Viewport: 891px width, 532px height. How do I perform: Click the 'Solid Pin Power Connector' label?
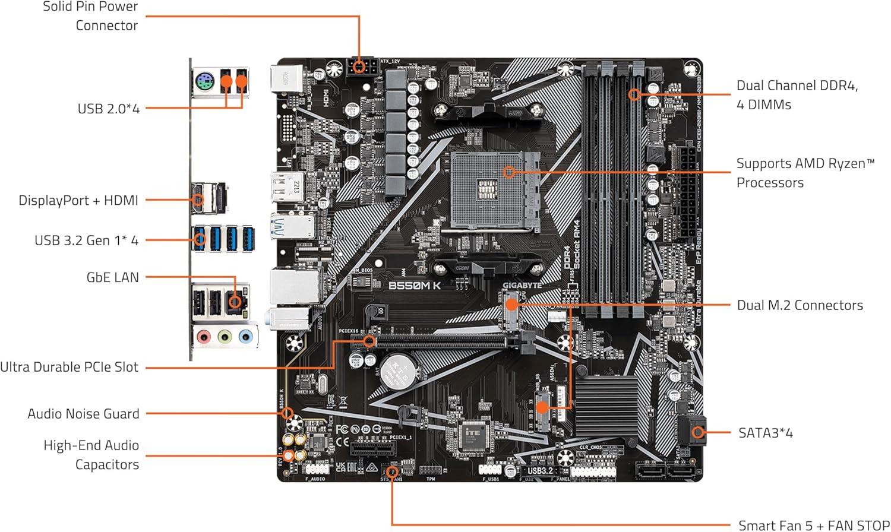point(90,16)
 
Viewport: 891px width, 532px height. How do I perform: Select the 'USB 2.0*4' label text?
point(108,109)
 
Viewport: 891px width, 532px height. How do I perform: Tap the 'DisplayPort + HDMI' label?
point(78,201)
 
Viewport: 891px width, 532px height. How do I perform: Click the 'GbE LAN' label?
point(112,277)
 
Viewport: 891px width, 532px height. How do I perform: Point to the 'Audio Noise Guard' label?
point(83,414)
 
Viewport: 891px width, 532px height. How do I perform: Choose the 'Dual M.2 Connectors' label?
point(800,305)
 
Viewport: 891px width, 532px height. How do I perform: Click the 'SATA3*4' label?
point(765,433)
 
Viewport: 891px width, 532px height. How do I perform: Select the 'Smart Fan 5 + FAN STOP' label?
point(813,525)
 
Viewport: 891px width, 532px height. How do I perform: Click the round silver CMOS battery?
point(397,371)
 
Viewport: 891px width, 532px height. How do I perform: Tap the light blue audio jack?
point(245,337)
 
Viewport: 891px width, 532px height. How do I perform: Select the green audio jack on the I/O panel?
point(225,337)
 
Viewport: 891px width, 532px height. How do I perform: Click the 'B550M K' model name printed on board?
point(415,286)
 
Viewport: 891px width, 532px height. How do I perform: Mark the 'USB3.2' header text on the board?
point(540,471)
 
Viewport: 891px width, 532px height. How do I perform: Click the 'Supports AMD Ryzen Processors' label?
point(805,173)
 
